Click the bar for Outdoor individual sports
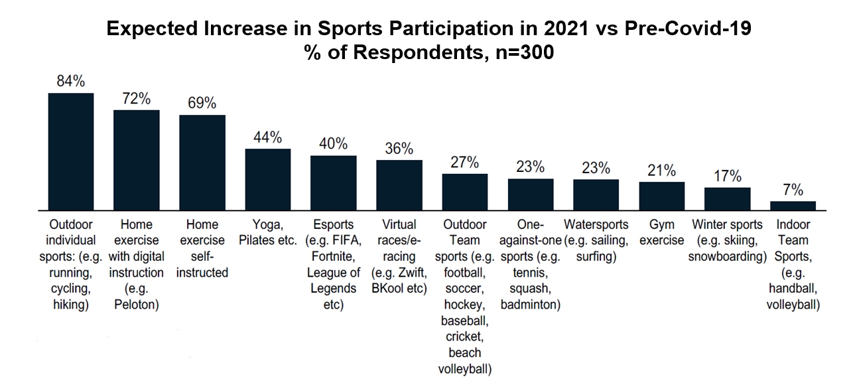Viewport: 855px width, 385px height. click(71, 151)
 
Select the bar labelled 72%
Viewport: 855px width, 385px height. click(137, 159)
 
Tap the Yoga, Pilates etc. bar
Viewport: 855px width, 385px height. click(268, 179)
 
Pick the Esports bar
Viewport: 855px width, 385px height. click(334, 183)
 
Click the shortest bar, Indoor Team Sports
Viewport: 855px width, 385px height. click(793, 206)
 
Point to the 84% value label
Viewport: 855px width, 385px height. click(71, 82)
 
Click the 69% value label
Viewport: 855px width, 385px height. click(202, 104)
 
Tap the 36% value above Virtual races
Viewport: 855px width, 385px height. click(399, 149)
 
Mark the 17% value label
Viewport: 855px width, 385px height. click(727, 177)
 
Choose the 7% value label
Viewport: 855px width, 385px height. click(793, 190)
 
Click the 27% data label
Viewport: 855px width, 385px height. click(465, 163)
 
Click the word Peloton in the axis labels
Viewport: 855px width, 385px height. click(137, 305)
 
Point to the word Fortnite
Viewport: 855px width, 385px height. click(334, 256)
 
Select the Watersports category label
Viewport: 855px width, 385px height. click(596, 224)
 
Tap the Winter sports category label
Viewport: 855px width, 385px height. click(727, 224)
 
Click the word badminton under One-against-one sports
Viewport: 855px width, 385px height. click(531, 305)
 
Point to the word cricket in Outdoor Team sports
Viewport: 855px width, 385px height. click(465, 337)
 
